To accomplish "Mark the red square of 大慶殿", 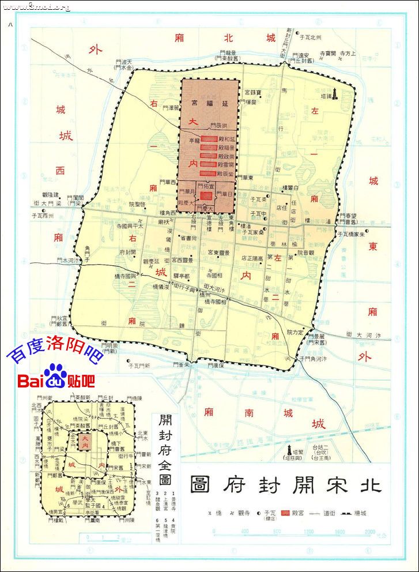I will (206, 196).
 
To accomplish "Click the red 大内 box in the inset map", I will (85, 442).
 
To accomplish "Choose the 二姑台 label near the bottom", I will (320, 447).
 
